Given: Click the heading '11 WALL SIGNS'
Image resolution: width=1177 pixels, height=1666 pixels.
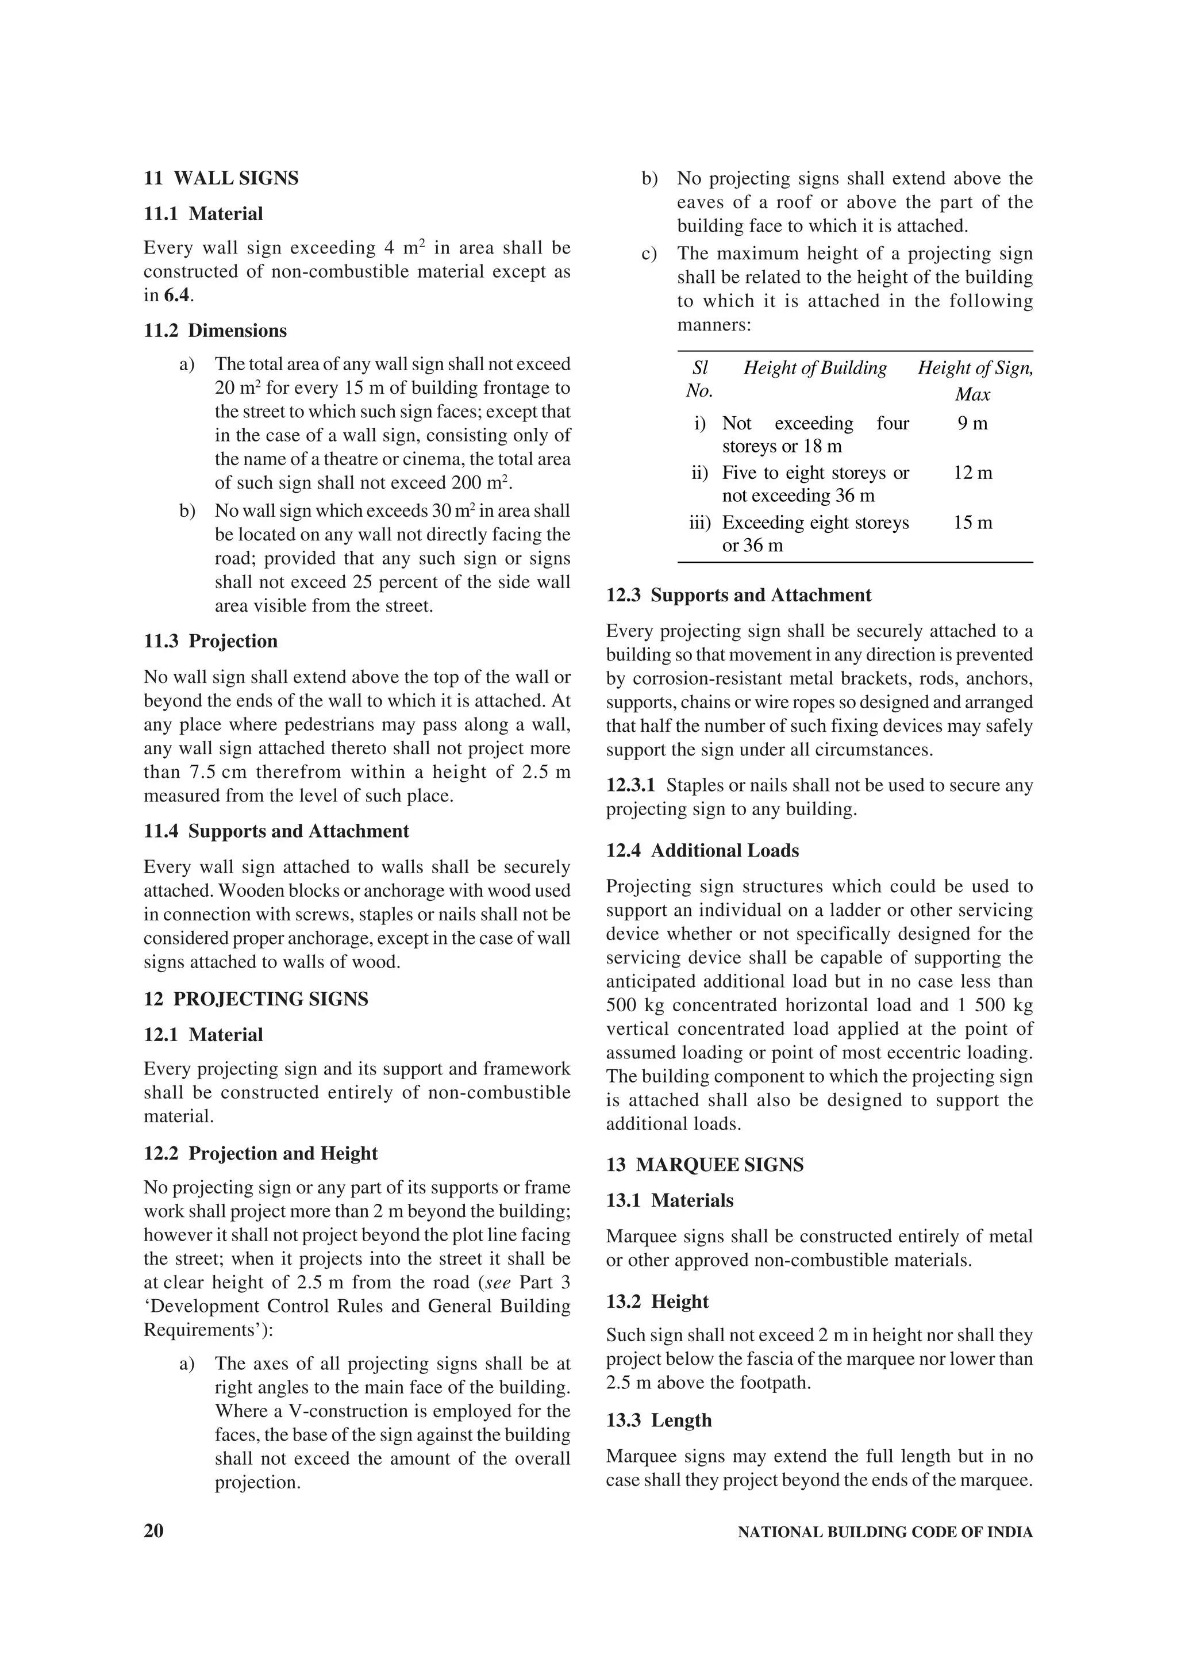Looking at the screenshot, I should [221, 178].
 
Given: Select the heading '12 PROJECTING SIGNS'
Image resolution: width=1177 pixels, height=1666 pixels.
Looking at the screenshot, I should [256, 999].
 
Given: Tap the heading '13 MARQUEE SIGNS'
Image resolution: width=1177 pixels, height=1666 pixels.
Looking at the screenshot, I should [705, 1165].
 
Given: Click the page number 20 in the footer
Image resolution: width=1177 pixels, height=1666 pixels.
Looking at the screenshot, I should [154, 1531].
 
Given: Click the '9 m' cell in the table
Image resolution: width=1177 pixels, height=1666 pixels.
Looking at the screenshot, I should [972, 424].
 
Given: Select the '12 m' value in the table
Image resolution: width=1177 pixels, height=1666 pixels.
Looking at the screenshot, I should [972, 473].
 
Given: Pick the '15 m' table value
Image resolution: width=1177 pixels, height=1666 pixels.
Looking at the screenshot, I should [972, 523].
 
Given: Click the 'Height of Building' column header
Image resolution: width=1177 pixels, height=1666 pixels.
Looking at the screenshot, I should [815, 368].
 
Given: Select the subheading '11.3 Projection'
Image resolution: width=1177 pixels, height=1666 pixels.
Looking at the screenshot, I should [210, 642].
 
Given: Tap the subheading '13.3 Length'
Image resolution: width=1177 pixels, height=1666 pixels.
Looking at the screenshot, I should [659, 1420].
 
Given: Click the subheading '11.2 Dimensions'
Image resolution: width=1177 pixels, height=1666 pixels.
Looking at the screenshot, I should [215, 331].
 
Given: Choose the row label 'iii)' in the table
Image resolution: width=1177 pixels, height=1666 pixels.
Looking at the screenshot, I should [700, 523].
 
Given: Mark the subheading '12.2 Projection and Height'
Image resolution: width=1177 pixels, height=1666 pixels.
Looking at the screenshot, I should [260, 1154].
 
